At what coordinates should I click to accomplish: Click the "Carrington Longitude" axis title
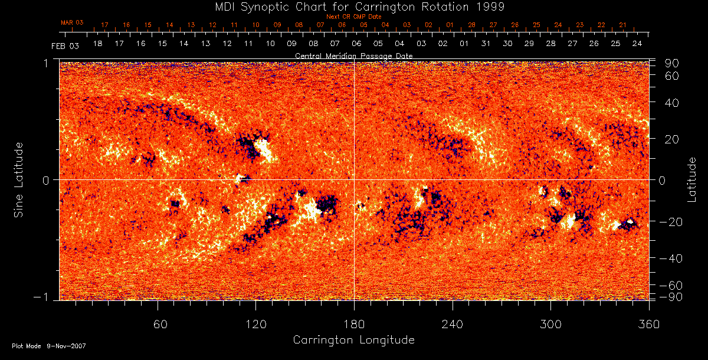pyautogui.click(x=354, y=340)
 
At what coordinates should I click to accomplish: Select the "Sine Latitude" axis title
pyautogui.click(x=19, y=179)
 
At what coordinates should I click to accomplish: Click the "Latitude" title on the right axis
pyautogui.click(x=692, y=179)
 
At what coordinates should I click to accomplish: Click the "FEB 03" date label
pyautogui.click(x=65, y=45)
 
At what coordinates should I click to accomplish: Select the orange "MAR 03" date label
pyautogui.click(x=72, y=22)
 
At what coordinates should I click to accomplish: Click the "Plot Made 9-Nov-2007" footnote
pyautogui.click(x=49, y=346)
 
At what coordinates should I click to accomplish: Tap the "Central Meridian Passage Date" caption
pyautogui.click(x=354, y=55)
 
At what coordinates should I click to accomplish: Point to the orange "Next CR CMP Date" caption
pyautogui.click(x=354, y=17)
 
